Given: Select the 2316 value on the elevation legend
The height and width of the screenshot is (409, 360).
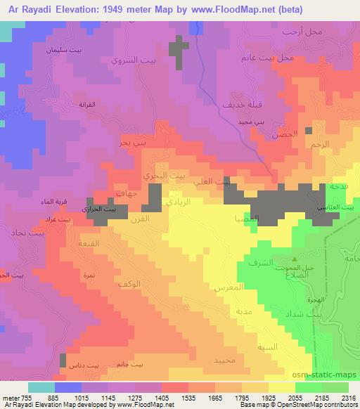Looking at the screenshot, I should pos(347,397).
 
